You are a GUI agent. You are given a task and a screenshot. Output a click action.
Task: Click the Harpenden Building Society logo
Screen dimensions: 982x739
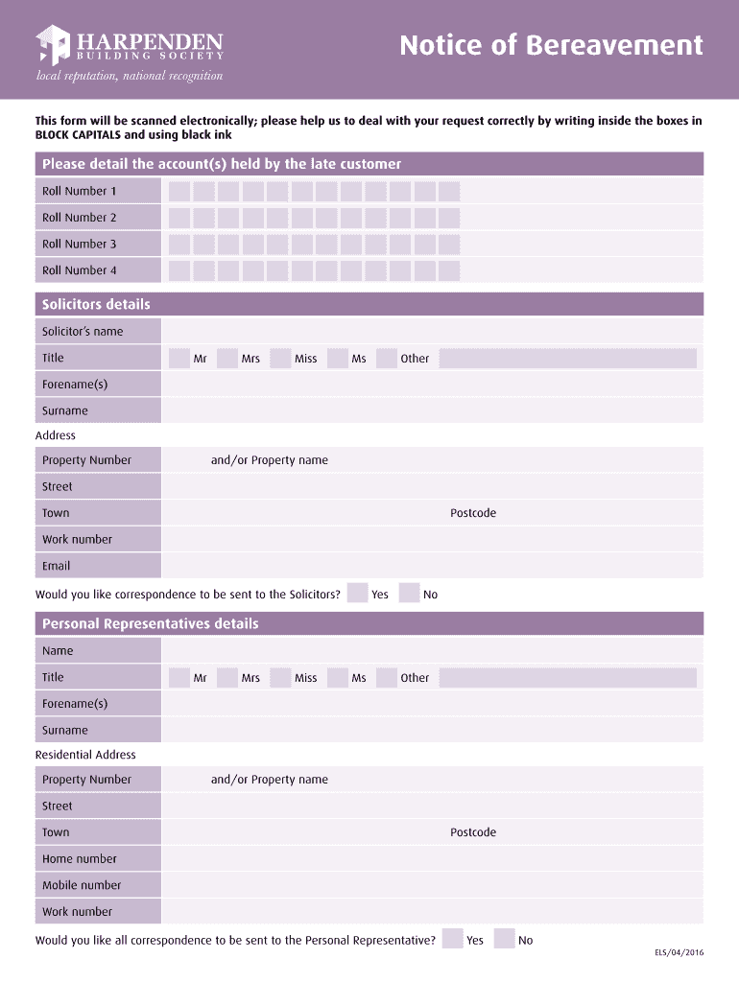(130, 44)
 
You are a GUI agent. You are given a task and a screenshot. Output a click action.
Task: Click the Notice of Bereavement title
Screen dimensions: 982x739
(551, 45)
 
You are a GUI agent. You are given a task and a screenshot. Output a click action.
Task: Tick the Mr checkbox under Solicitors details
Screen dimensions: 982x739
(179, 359)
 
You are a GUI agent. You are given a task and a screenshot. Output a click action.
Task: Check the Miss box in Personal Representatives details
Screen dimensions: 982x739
(280, 678)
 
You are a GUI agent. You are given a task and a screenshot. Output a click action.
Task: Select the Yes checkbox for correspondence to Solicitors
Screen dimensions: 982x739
(357, 594)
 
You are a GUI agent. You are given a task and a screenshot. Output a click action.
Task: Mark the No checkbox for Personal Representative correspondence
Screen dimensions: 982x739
(505, 940)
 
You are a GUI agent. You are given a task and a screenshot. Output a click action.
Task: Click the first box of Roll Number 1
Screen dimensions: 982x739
(179, 192)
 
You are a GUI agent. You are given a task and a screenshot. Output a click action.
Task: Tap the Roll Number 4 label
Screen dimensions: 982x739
(79, 270)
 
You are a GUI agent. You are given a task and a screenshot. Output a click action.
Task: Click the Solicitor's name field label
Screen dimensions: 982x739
(83, 332)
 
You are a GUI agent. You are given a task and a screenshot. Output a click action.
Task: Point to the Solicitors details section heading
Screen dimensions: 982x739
(96, 305)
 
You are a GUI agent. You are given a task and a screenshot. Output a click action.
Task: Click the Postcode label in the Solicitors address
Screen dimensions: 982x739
(473, 513)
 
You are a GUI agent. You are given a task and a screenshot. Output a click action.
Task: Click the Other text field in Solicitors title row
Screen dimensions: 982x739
(568, 359)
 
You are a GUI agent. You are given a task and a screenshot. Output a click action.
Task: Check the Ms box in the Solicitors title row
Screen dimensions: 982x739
(337, 359)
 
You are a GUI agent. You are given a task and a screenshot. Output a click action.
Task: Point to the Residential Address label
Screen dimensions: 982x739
(85, 755)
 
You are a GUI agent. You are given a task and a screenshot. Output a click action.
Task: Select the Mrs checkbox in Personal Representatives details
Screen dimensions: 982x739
(227, 678)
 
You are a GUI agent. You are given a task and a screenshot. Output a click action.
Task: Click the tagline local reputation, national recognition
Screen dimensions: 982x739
(130, 76)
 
